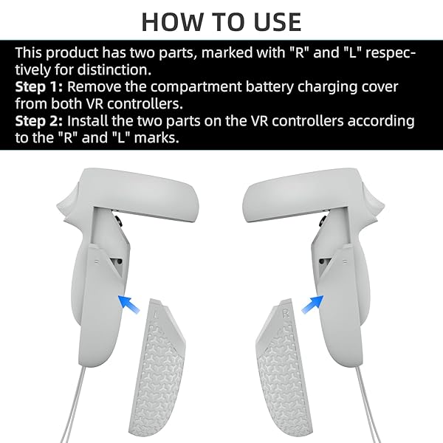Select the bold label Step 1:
point(39,86)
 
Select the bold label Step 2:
point(39,121)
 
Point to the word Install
point(88,121)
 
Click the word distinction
point(114,70)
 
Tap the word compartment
point(196,88)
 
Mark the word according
point(381,122)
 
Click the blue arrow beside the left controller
point(128,303)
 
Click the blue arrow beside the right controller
point(312,304)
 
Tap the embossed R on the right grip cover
point(286,313)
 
